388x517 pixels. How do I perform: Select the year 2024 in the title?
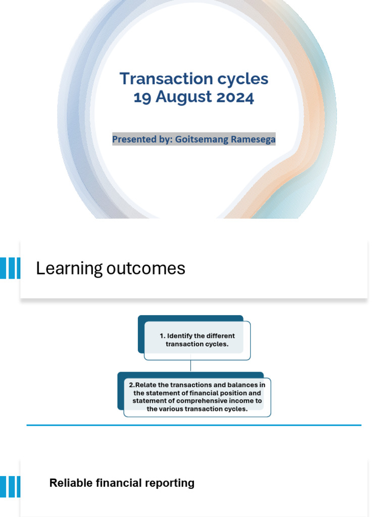pyautogui.click(x=235, y=96)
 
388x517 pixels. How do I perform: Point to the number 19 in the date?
pyautogui.click(x=142, y=96)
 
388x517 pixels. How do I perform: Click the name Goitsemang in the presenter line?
pyautogui.click(x=201, y=139)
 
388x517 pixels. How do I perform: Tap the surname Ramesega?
pyautogui.click(x=253, y=139)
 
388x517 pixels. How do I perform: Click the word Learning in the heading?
pyautogui.click(x=69, y=269)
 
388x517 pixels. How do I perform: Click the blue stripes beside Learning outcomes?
pyautogui.click(x=10, y=268)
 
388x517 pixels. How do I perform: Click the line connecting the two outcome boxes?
pyautogui.click(x=190, y=366)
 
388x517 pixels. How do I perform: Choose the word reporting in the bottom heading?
pyautogui.click(x=171, y=483)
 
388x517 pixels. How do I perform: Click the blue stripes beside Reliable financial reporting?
pyautogui.click(x=10, y=487)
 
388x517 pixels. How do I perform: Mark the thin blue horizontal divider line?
pyautogui.click(x=194, y=426)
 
